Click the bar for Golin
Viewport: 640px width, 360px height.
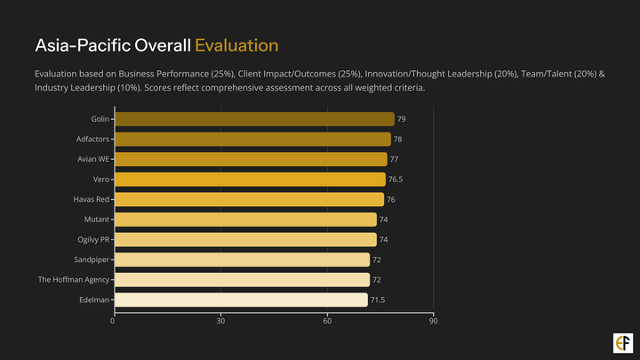click(x=254, y=119)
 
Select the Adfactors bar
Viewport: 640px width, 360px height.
click(x=252, y=140)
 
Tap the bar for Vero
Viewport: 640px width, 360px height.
click(x=250, y=180)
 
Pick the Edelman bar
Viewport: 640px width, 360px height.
click(x=241, y=300)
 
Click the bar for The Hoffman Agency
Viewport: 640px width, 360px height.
click(x=242, y=280)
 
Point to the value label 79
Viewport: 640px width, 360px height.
click(x=402, y=119)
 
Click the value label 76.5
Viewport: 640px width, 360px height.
click(x=396, y=180)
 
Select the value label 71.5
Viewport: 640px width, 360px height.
click(x=378, y=300)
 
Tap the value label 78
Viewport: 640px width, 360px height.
click(x=398, y=140)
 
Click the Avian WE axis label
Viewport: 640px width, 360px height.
click(x=92, y=159)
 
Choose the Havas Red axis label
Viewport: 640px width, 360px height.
click(x=91, y=199)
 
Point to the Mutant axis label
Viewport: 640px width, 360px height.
click(x=96, y=220)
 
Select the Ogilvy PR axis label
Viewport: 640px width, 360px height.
click(x=93, y=240)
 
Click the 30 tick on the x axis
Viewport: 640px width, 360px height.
click(x=220, y=320)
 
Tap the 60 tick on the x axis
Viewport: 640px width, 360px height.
click(x=327, y=320)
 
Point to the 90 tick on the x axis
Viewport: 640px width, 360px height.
click(x=433, y=320)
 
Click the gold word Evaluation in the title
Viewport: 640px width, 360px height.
click(x=236, y=45)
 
